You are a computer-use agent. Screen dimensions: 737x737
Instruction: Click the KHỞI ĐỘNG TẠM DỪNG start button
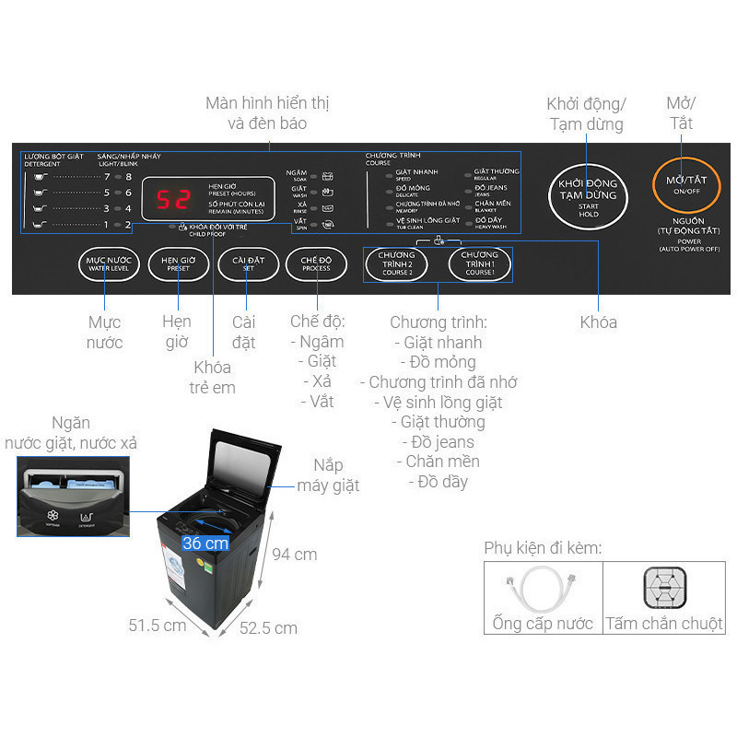click(x=588, y=195)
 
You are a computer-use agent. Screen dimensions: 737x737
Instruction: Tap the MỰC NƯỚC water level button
click(x=109, y=263)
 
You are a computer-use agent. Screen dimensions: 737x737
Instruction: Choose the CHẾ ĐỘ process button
click(x=316, y=263)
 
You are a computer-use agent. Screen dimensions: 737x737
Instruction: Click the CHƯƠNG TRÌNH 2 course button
click(x=396, y=263)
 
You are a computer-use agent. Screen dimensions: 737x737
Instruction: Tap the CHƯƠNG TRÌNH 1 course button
click(x=479, y=263)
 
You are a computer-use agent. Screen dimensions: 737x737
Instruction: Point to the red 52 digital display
click(x=173, y=197)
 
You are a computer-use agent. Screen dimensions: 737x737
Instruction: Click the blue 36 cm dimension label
click(x=205, y=544)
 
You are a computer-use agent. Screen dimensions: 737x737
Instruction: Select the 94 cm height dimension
click(x=293, y=555)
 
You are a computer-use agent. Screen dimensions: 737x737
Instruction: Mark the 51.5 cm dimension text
click(x=157, y=626)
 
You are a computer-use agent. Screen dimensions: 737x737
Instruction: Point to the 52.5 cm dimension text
click(x=268, y=628)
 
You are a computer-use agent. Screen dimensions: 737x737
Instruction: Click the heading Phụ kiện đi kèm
click(x=543, y=548)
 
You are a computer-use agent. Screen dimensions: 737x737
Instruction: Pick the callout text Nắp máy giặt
click(x=328, y=475)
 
